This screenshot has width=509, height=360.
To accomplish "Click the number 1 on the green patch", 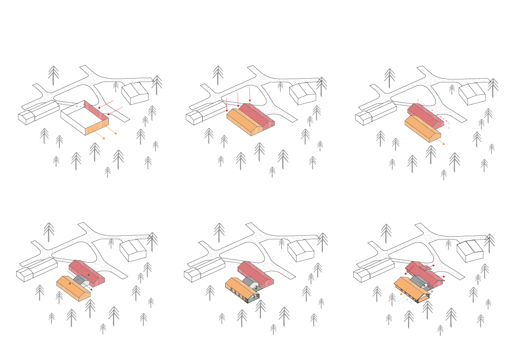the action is click(x=254, y=297).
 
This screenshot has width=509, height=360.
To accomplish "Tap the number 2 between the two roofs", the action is click(x=256, y=287).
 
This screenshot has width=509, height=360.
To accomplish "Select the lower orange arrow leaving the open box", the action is click(x=99, y=134).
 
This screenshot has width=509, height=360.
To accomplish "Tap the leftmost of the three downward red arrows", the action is click(x=227, y=104).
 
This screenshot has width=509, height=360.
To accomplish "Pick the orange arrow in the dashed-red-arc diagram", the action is click(x=440, y=141).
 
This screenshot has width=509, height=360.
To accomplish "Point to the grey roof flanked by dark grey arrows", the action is click(x=81, y=280).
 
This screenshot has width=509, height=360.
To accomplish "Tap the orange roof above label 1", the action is click(x=242, y=287).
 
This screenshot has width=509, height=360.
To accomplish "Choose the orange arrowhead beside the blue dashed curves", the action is click(x=401, y=294).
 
